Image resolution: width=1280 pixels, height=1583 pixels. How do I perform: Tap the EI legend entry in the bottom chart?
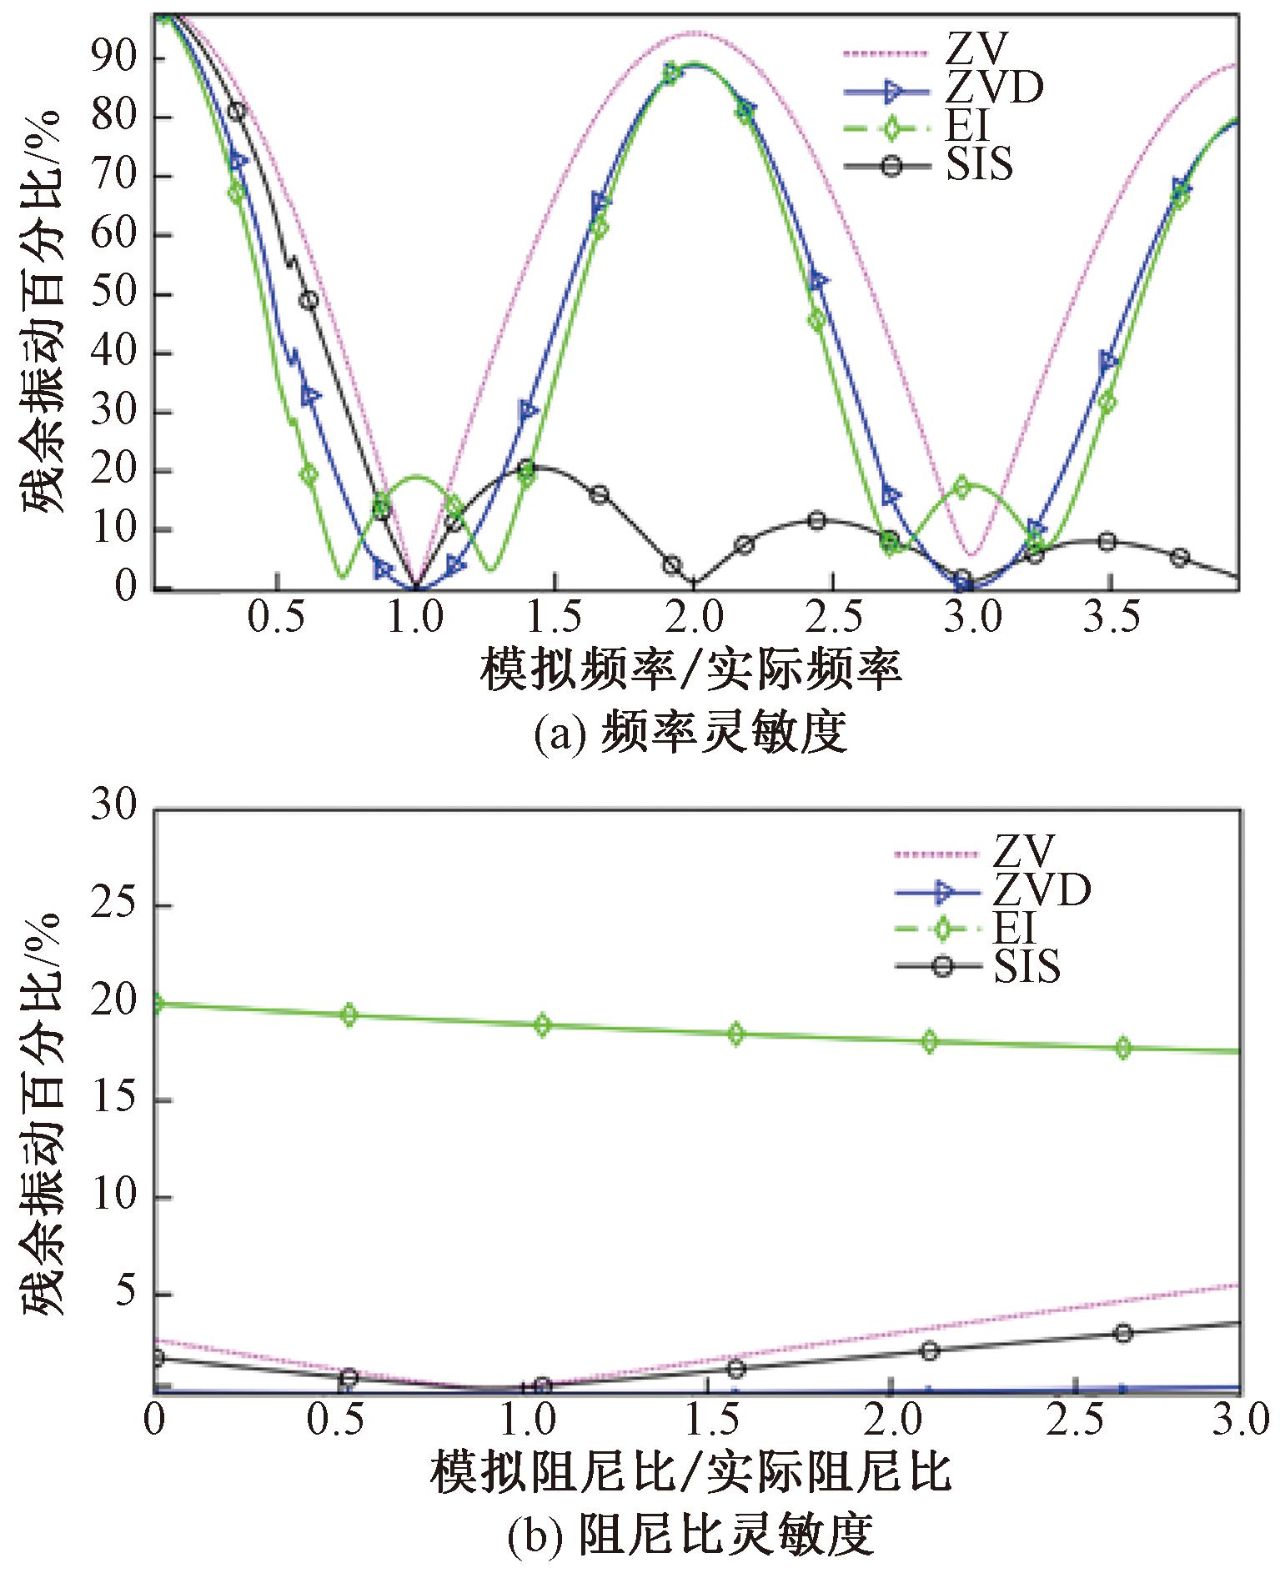point(1014,928)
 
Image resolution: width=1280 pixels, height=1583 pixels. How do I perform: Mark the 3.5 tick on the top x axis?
point(1111,619)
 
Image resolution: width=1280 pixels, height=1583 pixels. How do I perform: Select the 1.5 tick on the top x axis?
point(555,619)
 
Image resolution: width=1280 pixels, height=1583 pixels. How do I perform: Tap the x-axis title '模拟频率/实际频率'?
point(690,669)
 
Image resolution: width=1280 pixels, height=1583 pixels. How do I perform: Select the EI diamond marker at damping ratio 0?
point(155,1004)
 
